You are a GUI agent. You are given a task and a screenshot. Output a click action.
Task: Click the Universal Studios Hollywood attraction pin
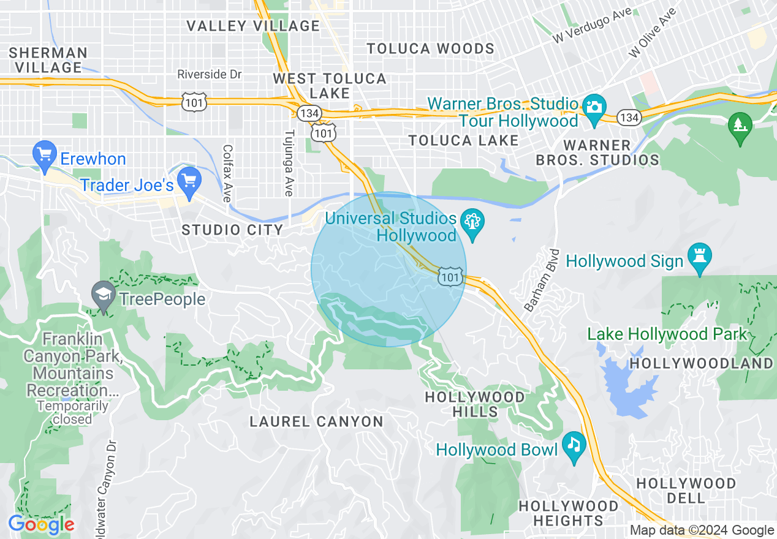472,223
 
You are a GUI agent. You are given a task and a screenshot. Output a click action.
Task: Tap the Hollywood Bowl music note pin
574,447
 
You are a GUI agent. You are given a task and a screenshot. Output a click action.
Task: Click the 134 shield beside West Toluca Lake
307,112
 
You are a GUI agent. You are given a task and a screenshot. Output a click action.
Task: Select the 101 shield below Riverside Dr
194,102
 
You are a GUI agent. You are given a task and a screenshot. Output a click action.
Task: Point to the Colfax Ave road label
227,173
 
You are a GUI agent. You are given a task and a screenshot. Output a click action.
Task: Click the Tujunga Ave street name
289,163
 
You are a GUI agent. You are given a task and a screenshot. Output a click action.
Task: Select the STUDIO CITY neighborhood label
232,230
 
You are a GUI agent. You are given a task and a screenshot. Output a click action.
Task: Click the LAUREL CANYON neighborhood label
317,421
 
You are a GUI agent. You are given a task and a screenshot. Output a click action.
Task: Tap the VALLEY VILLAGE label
253,26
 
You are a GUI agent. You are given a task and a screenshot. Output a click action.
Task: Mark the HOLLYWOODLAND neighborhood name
702,363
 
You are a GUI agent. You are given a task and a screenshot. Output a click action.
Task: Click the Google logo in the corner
41,525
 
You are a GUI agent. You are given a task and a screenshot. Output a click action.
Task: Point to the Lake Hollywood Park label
667,334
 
